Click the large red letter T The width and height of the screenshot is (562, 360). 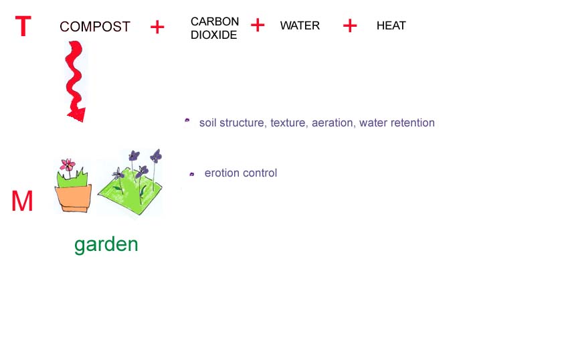coord(23,27)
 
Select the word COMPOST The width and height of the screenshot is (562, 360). coord(95,27)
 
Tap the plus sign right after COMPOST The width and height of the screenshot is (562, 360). coord(157,27)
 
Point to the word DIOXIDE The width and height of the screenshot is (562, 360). coord(214,35)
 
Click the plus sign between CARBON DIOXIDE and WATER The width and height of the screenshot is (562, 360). coord(258,25)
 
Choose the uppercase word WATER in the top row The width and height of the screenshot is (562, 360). coord(300,26)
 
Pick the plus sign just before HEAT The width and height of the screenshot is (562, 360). coord(350,25)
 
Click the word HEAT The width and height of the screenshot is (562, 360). coord(391,26)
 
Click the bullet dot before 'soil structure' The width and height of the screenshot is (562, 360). coord(187,121)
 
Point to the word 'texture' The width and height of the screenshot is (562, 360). coord(289,123)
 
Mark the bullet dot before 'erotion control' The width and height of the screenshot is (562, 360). coord(192,174)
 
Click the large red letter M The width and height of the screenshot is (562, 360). coord(22,202)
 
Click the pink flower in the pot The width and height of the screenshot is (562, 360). coord(68,165)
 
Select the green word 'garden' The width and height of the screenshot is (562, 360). coord(106,245)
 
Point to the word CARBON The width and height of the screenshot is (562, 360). coord(215,21)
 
